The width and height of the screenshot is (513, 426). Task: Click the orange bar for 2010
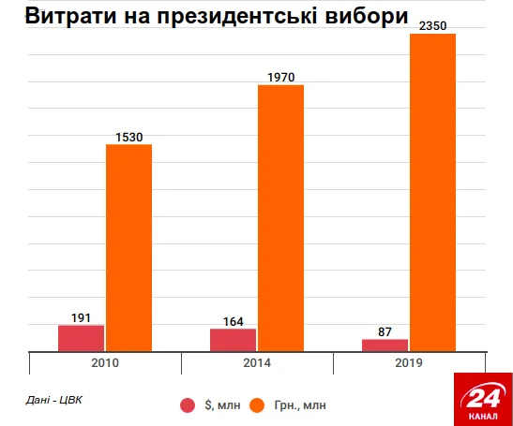[x=128, y=248]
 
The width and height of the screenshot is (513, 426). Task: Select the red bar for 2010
[x=82, y=338]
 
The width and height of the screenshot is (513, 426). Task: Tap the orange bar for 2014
[x=280, y=218]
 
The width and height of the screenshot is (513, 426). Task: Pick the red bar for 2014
[x=234, y=340]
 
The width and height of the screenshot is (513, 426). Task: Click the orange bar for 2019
[x=432, y=192]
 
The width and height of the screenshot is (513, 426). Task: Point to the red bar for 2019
[x=385, y=345]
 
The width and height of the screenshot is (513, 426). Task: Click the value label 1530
[x=128, y=138]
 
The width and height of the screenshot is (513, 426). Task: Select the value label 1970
[x=280, y=78]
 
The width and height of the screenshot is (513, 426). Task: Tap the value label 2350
[x=432, y=26]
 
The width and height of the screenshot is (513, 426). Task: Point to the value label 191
[x=82, y=317]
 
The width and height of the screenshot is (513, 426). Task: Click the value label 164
[x=234, y=321]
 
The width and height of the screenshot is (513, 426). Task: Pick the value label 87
[x=385, y=331]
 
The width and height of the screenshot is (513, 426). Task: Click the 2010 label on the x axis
[x=104, y=362]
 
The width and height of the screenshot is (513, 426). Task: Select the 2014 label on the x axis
[x=256, y=362]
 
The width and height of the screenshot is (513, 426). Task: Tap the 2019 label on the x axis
[x=408, y=362]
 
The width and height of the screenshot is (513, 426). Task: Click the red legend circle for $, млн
[x=188, y=405]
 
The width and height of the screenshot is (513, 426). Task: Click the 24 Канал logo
[x=482, y=398]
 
